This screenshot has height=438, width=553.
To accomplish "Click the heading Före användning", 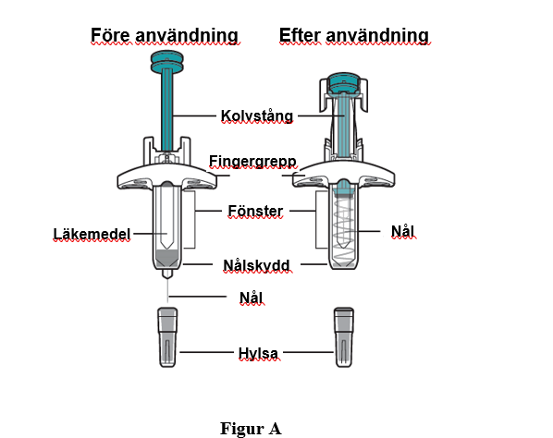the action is coord(165,35).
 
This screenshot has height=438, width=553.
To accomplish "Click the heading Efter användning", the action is coord(354,35).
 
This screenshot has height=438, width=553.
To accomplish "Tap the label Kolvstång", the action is coord(257,116).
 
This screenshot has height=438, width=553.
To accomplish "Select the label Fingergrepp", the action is coord(252,162).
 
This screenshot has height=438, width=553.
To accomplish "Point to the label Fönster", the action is coord(255,211).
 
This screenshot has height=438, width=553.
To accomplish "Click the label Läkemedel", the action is coord(92,234).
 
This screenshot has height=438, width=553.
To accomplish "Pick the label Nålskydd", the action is coord(256,265).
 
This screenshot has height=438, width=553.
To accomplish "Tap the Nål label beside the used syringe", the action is coord(402,231).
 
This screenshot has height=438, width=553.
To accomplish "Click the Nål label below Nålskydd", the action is coord(252,298).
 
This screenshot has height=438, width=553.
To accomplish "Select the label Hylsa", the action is coord(258,353).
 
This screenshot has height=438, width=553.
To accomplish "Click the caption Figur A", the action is coord(251,429).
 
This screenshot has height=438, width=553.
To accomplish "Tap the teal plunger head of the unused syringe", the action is coord(166,62).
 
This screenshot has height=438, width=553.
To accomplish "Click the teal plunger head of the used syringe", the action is coord(343,84).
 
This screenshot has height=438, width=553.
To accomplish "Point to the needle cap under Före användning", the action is coord(167,337).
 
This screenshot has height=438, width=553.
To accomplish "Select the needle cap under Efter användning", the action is coord(344,337).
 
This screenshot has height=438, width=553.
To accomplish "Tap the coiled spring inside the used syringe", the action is coord(344,229).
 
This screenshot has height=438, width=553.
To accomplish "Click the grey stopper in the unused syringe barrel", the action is coord(167,257).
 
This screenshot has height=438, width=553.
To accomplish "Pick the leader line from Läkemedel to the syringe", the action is coord(151,233).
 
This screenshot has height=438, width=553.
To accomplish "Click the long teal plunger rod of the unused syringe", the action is coord(167,109).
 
